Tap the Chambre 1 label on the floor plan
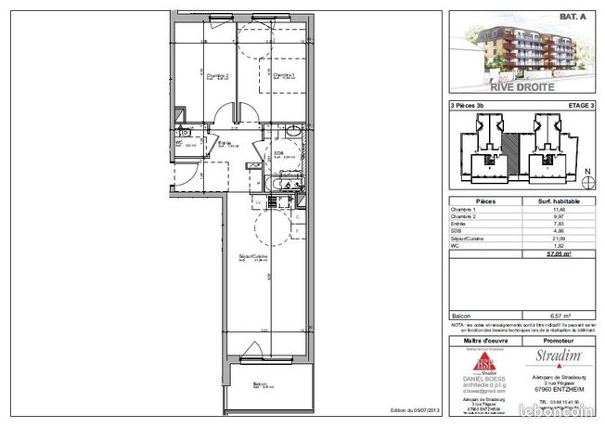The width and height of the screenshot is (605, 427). click(282, 76)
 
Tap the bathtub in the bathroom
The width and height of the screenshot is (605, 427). click(281, 187)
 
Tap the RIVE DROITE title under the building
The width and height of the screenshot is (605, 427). click(522, 86)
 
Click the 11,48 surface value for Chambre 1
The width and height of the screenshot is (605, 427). click(560, 210)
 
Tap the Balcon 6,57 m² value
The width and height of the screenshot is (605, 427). click(560, 315)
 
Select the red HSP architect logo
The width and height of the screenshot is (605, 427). click(486, 364)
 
